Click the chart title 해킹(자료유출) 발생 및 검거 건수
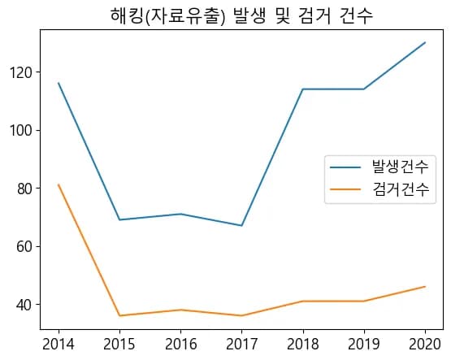[x=241, y=15]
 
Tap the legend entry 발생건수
[x=399, y=167]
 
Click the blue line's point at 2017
[x=241, y=226]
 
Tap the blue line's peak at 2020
[x=424, y=42]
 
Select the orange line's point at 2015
[x=119, y=315]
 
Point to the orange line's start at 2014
[x=59, y=184]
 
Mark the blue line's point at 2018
[x=302, y=89]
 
